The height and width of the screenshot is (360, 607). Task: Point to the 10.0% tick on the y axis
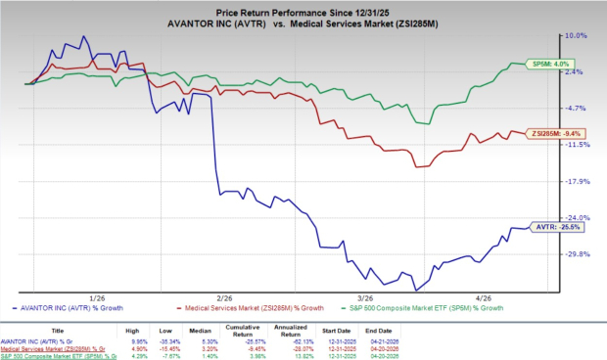(x=577, y=35)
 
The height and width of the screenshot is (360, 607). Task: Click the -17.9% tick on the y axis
(x=577, y=181)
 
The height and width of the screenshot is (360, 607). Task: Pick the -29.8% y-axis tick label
(x=577, y=254)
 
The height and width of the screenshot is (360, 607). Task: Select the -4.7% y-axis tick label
(x=577, y=109)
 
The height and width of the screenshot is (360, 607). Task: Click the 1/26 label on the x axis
(x=97, y=298)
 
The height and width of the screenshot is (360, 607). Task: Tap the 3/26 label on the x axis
(x=365, y=298)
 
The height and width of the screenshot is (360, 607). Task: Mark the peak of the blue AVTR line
(x=83, y=37)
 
